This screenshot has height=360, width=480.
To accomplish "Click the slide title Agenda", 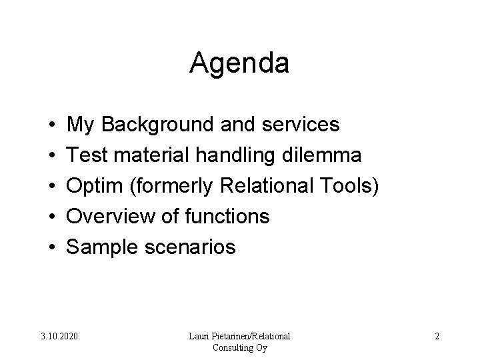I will click(x=239, y=64).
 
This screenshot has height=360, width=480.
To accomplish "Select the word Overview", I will click(x=111, y=217).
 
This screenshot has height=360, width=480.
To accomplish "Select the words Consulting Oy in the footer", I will click(x=239, y=347).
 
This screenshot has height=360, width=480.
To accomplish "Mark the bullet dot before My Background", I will click(x=51, y=125).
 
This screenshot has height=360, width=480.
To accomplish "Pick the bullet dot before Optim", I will click(x=51, y=187).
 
